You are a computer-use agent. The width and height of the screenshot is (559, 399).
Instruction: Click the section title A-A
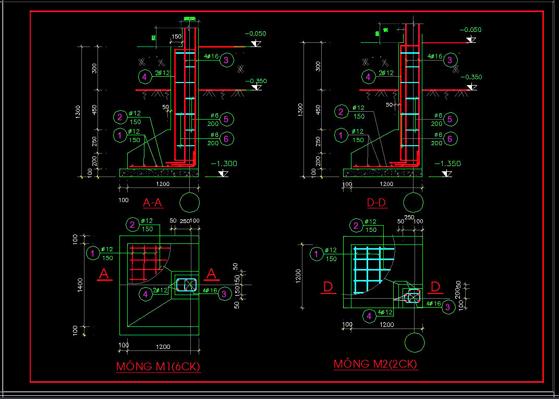153,203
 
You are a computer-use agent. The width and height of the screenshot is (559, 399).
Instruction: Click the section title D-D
376,203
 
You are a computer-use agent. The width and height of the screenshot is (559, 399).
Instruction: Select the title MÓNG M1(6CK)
158,367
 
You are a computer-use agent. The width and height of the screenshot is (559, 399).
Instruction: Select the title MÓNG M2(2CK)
375,364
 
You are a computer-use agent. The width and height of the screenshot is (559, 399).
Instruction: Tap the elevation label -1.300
224,163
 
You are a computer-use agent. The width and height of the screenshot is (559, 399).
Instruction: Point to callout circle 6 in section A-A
226,139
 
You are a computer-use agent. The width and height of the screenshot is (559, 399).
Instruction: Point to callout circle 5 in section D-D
449,120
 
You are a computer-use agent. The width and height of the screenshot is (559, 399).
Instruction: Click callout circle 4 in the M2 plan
369,316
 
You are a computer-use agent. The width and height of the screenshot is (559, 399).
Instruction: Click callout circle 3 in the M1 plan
224,294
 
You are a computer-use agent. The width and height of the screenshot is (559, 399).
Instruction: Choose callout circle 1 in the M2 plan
316,254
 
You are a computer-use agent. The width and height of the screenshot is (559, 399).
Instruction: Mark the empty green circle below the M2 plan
415,343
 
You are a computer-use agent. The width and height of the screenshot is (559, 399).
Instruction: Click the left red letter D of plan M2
328,287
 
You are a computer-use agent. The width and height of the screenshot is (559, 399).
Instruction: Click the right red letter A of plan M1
211,274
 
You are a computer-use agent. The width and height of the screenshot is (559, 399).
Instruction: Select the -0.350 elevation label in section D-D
471,77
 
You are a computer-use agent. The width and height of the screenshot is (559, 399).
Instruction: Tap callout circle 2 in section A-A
120,117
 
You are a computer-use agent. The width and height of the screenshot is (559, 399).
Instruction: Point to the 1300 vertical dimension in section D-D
300,110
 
